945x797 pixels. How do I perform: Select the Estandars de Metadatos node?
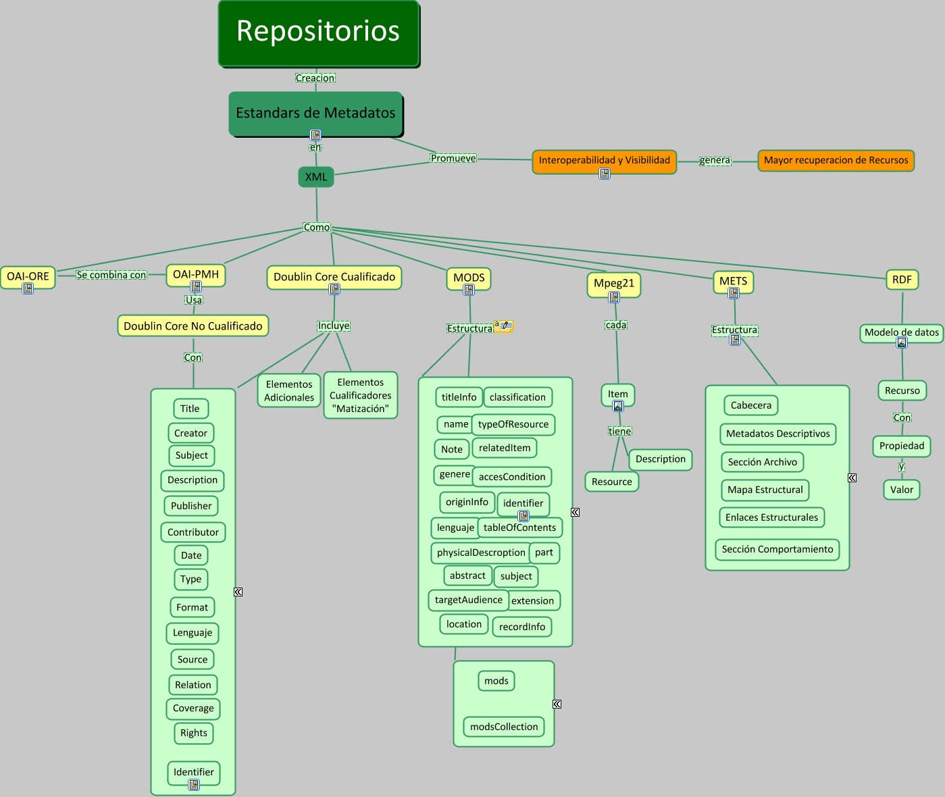[x=315, y=113]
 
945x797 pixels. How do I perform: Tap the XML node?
[x=316, y=177]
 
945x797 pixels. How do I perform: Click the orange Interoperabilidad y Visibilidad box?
[x=604, y=160]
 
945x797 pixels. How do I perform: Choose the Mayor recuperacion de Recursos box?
[x=836, y=160]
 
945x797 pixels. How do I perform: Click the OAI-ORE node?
[x=28, y=276]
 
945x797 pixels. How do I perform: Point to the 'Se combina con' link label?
[x=111, y=275]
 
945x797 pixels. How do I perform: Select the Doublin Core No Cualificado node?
[x=193, y=326]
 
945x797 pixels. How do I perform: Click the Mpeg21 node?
[x=613, y=283]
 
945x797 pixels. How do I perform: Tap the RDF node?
[x=902, y=280]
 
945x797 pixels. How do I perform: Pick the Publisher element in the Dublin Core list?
[x=191, y=506]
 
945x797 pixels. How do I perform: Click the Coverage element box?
[x=193, y=709]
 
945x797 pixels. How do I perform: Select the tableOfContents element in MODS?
[x=519, y=528]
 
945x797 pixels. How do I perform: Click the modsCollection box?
[x=504, y=727]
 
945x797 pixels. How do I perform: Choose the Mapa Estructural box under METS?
[x=765, y=490]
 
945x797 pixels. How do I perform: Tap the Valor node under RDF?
[x=901, y=490]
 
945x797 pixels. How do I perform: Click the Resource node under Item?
[x=611, y=482]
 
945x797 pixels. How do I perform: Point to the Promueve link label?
[x=453, y=158]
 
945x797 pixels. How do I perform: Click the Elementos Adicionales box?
[x=289, y=390]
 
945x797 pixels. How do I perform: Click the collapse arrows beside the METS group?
[x=852, y=478]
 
